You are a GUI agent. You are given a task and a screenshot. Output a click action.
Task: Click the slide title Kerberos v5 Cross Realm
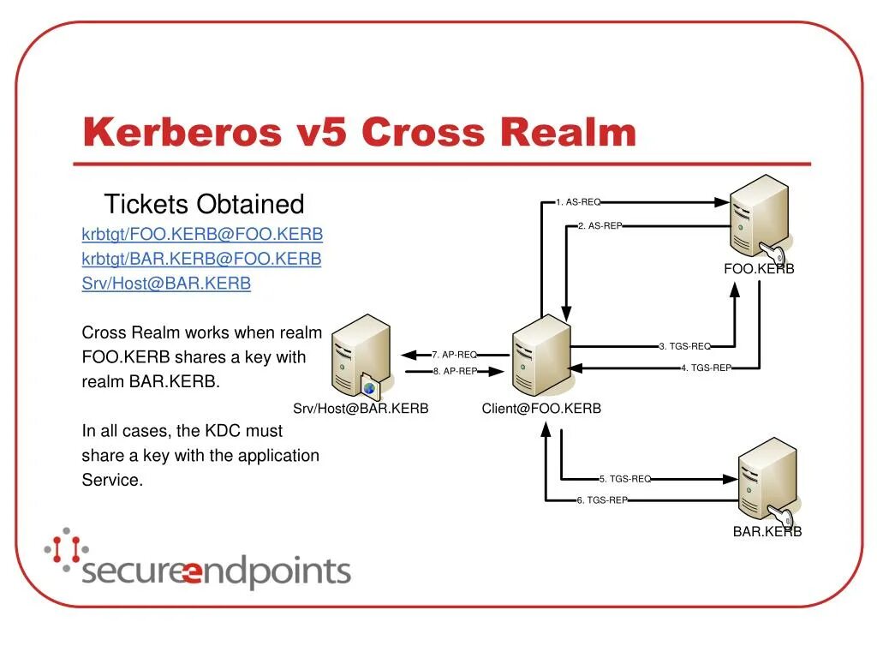tap(360, 133)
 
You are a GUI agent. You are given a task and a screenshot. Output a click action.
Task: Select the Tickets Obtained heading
tap(204, 204)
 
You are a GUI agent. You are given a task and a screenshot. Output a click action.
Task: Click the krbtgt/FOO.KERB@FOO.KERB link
tap(202, 234)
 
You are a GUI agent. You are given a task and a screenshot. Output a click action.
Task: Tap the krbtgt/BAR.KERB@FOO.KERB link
tap(201, 258)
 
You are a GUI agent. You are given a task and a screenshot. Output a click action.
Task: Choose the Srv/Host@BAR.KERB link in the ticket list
tap(166, 283)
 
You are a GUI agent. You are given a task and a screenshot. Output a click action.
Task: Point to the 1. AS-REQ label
tap(578, 202)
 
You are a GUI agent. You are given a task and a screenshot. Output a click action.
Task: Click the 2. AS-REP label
tap(600, 225)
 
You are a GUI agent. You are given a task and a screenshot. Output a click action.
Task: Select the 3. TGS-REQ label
tap(685, 346)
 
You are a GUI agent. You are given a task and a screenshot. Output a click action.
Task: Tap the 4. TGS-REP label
tap(707, 368)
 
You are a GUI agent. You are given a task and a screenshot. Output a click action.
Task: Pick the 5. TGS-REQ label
tap(625, 479)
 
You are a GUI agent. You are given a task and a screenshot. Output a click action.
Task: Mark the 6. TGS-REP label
tap(603, 500)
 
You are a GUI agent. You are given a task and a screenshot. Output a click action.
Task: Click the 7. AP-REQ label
tap(455, 354)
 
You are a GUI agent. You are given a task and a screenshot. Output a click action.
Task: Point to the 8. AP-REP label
tap(455, 371)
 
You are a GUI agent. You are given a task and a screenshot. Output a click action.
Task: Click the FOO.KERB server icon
tap(760, 218)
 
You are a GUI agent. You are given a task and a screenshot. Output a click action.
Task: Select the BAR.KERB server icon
tap(767, 482)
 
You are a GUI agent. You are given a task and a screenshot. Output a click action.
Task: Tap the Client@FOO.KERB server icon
tap(541, 355)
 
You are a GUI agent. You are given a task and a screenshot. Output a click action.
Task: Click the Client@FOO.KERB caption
tap(541, 409)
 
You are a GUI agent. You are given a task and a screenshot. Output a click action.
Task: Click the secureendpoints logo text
tap(216, 571)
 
